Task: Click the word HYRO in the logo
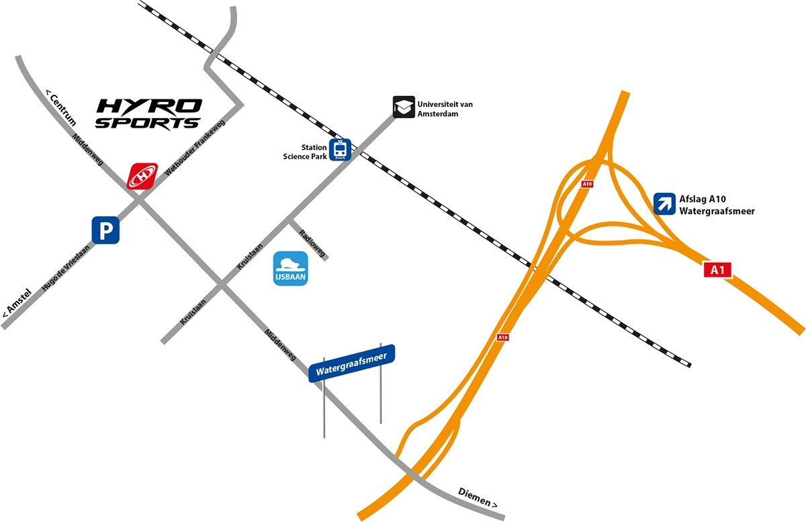(150, 107)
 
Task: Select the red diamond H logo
(142, 176)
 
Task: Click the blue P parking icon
(105, 230)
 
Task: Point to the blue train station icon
(341, 149)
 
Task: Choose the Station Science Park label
(305, 152)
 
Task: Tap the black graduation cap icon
(403, 107)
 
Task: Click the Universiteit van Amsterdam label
(443, 110)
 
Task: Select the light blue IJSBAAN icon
(291, 268)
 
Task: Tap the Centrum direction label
(60, 107)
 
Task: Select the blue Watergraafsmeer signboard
(352, 363)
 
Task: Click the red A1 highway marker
(717, 269)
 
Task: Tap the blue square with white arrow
(664, 204)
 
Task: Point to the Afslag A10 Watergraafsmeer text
(717, 204)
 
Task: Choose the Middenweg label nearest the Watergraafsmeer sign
(281, 345)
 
